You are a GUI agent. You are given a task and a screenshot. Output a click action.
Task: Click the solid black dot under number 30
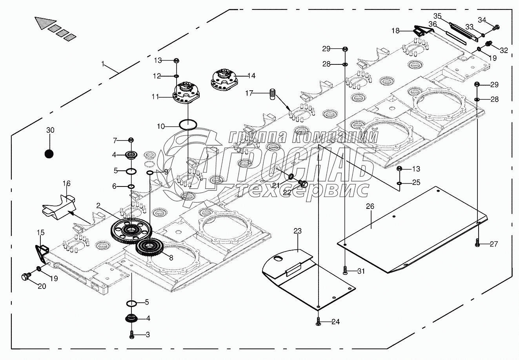49,154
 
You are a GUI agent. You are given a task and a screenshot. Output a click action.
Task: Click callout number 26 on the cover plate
370,206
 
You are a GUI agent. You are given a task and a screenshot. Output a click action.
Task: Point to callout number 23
297,231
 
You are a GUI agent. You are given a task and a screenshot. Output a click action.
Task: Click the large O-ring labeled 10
188,125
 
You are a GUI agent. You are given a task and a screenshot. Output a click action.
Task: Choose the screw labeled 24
318,322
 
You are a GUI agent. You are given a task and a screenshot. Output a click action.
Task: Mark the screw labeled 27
477,243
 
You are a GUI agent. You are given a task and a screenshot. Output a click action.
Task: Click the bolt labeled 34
496,27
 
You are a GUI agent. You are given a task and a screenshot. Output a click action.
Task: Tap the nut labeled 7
131,140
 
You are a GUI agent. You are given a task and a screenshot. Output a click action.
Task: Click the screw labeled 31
345,270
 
